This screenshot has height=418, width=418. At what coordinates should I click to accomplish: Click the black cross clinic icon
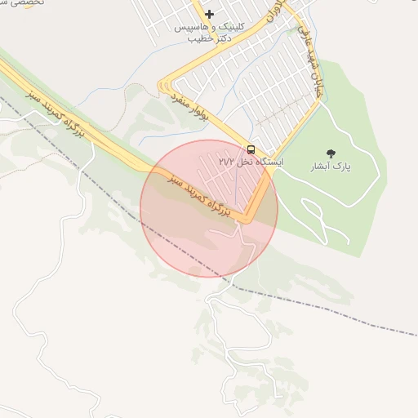[x=210, y=14]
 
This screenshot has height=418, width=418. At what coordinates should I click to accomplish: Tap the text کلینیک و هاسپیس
[x=210, y=27]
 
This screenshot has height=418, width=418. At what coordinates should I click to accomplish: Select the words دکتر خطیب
[x=209, y=38]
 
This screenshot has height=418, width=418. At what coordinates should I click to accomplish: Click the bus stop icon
[x=251, y=149]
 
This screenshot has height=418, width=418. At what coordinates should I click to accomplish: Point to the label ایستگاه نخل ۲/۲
[x=251, y=162]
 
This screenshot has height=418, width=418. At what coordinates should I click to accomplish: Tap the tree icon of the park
[x=331, y=153]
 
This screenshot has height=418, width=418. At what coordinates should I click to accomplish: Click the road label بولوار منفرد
[x=191, y=108]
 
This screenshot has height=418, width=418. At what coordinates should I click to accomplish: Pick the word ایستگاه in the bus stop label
[x=269, y=162]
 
